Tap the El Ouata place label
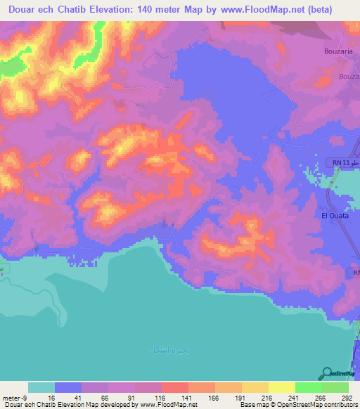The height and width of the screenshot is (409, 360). (334, 216)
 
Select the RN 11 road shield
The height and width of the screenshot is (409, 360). (339, 163)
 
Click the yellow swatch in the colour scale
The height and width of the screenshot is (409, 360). (282, 387)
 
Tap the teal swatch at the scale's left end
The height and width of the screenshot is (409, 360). (41, 387)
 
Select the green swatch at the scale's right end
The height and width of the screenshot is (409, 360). (335, 387)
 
